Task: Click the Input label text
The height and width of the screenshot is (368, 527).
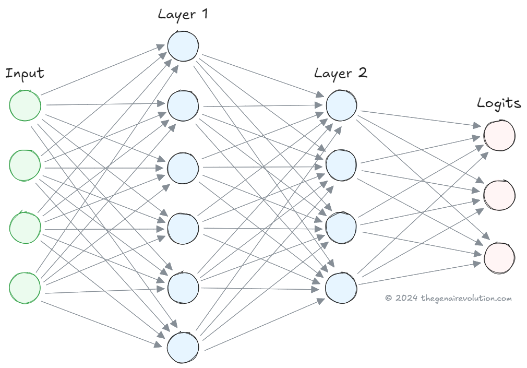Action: pyautogui.click(x=25, y=74)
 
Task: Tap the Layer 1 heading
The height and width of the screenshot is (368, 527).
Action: pyautogui.click(x=183, y=14)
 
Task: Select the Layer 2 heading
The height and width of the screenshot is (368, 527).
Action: pyautogui.click(x=341, y=73)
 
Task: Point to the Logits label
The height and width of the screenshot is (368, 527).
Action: pyautogui.click(x=499, y=103)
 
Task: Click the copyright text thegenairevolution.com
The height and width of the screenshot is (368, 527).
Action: pyautogui.click(x=448, y=298)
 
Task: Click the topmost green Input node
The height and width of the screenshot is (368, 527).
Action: pyautogui.click(x=25, y=105)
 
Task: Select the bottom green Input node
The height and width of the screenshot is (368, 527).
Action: pyautogui.click(x=25, y=286)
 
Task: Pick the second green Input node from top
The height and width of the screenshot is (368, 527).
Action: pyautogui.click(x=25, y=165)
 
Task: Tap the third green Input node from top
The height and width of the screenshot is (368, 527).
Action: pyautogui.click(x=25, y=225)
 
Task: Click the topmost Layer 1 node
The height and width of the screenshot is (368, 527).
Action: pyautogui.click(x=183, y=45)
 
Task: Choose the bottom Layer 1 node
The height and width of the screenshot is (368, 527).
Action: pyautogui.click(x=183, y=347)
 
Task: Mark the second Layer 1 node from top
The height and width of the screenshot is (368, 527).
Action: pyautogui.click(x=183, y=105)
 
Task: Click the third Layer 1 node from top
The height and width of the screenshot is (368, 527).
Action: pyautogui.click(x=183, y=166)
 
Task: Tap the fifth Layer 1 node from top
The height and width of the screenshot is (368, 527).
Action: pyautogui.click(x=183, y=287)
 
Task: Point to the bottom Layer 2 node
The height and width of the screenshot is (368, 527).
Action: pyautogui.click(x=341, y=287)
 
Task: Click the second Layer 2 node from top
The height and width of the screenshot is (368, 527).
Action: pyautogui.click(x=341, y=166)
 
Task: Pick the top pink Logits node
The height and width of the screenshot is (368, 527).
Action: pyautogui.click(x=499, y=135)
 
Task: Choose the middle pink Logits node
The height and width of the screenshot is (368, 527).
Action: pyautogui.click(x=499, y=195)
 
